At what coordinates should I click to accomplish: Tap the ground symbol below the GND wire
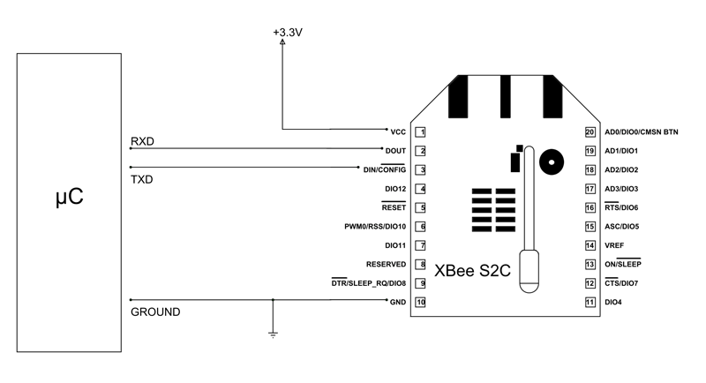pos(274,333)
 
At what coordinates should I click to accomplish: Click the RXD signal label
pos(142,141)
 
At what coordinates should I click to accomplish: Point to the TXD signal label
pos(142,178)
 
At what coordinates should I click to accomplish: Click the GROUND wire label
pos(155,312)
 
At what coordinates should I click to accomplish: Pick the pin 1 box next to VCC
pos(422,132)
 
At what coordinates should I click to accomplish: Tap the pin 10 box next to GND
pos(422,302)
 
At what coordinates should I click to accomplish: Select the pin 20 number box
pos(590,132)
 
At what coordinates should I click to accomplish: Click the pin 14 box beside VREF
pos(590,245)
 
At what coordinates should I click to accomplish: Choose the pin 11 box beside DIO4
pos(590,302)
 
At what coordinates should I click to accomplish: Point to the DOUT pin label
pos(395,151)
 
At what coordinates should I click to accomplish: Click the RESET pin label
pos(393,207)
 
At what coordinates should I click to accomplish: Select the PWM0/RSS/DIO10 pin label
pos(375,227)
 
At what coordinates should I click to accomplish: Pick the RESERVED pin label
pos(386,264)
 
